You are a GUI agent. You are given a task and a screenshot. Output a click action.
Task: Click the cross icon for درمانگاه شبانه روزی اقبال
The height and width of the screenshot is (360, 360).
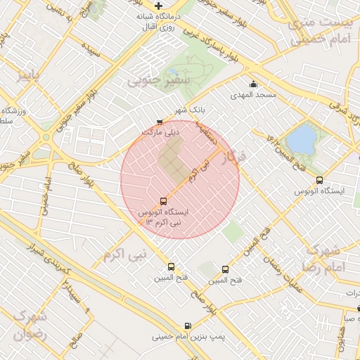click(159, 6)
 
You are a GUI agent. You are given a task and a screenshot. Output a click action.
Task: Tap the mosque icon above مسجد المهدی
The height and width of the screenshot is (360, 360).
click(253, 85)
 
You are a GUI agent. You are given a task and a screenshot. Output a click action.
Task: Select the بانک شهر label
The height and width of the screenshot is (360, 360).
click(191, 110)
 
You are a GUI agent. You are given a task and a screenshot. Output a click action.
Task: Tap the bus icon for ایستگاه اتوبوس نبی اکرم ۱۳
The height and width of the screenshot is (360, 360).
click(164, 201)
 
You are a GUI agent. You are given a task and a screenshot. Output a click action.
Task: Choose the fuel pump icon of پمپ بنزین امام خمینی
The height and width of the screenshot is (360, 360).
click(187, 326)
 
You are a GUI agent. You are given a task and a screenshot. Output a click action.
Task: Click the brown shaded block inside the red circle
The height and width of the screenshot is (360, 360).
click(173, 159)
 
